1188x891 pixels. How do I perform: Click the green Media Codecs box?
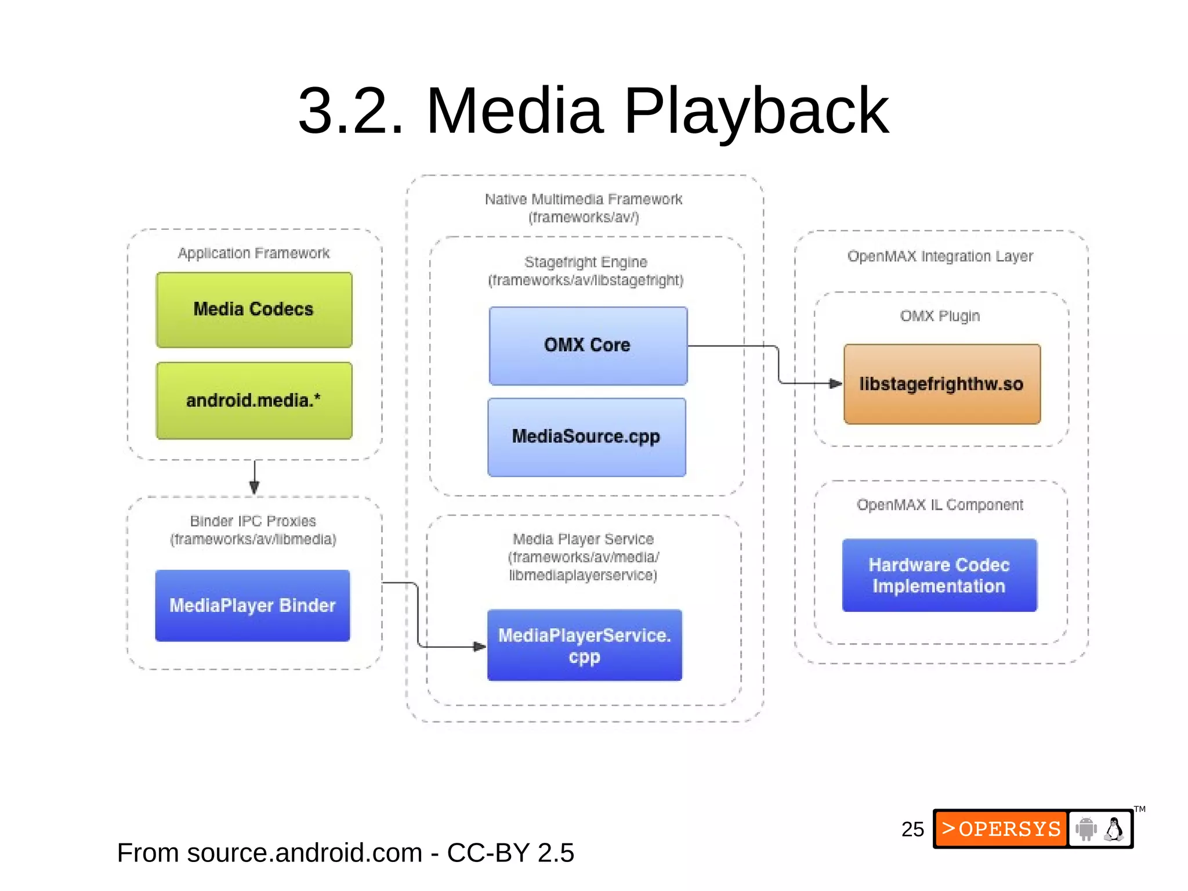click(x=254, y=310)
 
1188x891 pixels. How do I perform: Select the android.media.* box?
click(x=254, y=401)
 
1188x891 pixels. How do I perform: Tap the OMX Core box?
click(x=588, y=346)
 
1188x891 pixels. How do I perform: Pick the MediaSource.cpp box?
click(x=586, y=437)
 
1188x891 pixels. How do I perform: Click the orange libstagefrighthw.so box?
click(x=941, y=384)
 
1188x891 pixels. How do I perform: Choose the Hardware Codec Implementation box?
click(x=939, y=575)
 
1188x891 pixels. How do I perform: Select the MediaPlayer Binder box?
click(x=252, y=605)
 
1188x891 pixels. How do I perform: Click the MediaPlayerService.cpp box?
click(x=584, y=645)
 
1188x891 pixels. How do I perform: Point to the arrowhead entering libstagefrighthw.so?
click(x=835, y=384)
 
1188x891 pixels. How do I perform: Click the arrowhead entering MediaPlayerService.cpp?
click(x=479, y=646)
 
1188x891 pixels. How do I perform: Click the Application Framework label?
click(x=253, y=253)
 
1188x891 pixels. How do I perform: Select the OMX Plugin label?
click(x=940, y=316)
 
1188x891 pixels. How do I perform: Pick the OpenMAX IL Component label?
click(x=940, y=505)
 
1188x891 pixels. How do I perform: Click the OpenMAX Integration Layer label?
click(x=940, y=256)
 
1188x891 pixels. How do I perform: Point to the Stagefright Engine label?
click(x=586, y=262)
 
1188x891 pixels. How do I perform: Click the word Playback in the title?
click(x=755, y=111)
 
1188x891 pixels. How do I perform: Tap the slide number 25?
click(x=912, y=829)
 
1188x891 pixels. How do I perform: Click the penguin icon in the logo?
click(x=1114, y=829)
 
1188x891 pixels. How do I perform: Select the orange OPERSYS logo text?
click(x=1001, y=829)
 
